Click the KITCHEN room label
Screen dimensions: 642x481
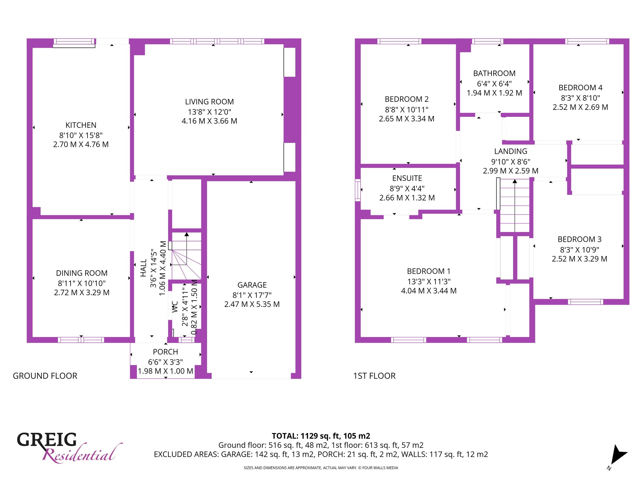(x=81, y=125)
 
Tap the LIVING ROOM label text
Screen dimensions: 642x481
(x=209, y=102)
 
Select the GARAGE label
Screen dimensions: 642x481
(x=252, y=285)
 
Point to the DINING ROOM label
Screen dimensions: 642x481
(x=82, y=273)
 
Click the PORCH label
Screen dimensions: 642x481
(x=166, y=352)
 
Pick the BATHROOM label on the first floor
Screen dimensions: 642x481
(x=494, y=73)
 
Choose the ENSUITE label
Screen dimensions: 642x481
(x=407, y=178)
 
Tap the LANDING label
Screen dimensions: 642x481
(x=511, y=151)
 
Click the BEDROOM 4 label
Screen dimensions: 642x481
(x=581, y=88)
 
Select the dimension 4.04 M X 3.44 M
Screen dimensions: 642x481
(x=429, y=291)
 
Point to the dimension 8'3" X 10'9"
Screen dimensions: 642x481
(x=580, y=250)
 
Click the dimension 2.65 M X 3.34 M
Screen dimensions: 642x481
(x=407, y=119)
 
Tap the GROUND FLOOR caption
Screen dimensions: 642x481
(x=45, y=376)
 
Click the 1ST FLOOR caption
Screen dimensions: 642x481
(x=374, y=376)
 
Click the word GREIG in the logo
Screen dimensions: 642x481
(x=47, y=440)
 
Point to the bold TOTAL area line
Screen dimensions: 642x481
(x=321, y=436)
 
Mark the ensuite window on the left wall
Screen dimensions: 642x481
(x=358, y=190)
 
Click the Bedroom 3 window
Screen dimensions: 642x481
(x=586, y=302)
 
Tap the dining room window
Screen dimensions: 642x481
(x=81, y=340)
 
